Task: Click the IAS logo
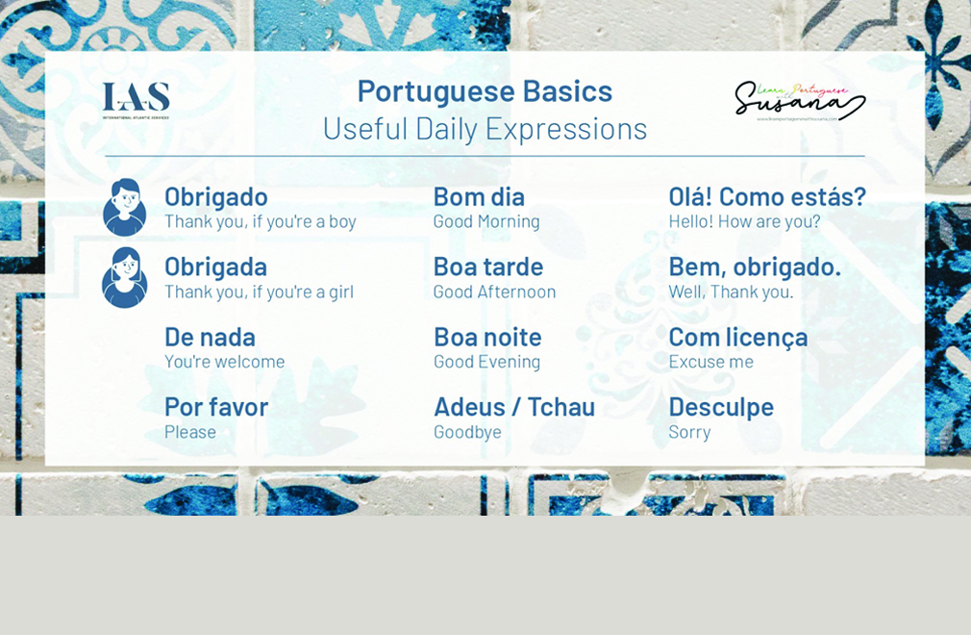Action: [136, 99]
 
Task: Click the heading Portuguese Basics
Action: [485, 90]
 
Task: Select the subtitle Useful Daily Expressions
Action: [485, 128]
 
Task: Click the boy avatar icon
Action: [125, 207]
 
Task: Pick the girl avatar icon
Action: [125, 277]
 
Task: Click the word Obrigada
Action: [215, 267]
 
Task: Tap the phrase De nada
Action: [210, 337]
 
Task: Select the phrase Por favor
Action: [216, 407]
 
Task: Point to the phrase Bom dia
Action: [479, 196]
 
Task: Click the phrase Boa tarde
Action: [488, 267]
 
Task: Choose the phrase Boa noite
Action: [487, 337]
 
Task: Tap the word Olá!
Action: [689, 196]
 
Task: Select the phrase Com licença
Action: [738, 337]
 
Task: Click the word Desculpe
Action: [721, 407]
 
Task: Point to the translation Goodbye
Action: [467, 432]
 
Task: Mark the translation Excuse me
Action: [711, 362]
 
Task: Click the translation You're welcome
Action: [225, 362]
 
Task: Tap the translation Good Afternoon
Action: [494, 292]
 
